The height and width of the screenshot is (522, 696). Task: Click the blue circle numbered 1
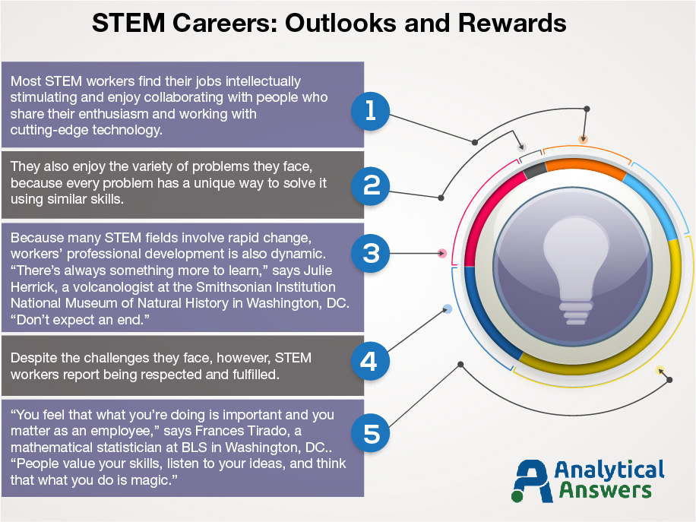click(370, 111)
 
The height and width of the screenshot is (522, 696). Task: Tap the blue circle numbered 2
click(370, 185)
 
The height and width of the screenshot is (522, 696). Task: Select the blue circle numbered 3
click(370, 254)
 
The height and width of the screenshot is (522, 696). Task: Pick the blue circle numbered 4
click(370, 361)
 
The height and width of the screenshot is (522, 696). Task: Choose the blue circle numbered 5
click(370, 433)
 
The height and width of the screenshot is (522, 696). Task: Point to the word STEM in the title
click(128, 23)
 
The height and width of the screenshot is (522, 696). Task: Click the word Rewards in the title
click(512, 23)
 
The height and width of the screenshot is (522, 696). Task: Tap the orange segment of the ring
click(585, 167)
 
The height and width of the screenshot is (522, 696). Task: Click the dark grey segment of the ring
click(535, 169)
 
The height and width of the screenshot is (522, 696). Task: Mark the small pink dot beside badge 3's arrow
click(442, 254)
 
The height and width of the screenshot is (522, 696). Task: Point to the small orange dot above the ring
click(584, 140)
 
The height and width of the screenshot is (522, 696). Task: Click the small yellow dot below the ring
click(660, 370)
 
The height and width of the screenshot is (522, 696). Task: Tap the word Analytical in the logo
click(609, 470)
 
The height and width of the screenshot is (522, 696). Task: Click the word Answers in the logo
click(605, 490)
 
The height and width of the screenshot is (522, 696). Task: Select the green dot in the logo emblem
click(517, 496)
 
